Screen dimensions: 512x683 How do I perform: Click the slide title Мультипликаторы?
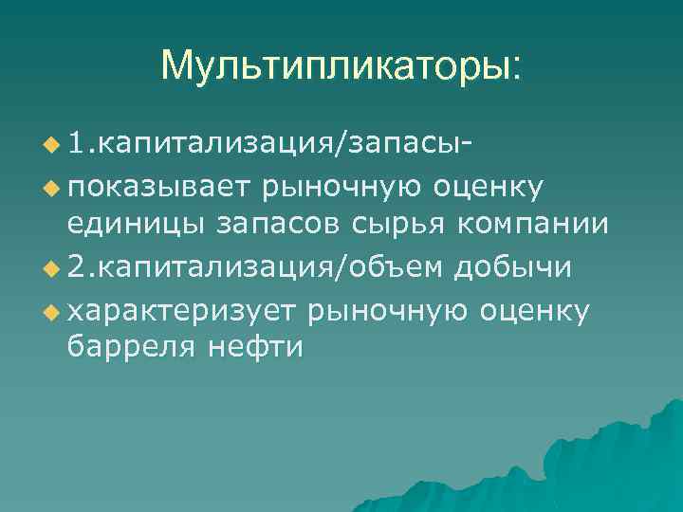341,66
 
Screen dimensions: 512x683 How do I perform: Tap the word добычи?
513,268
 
